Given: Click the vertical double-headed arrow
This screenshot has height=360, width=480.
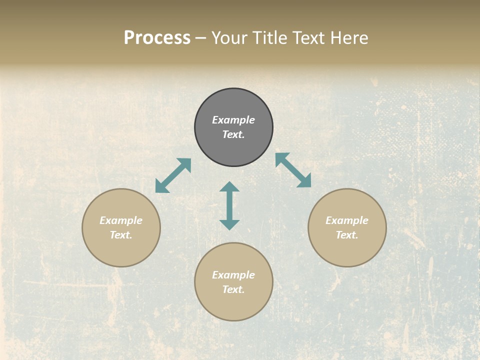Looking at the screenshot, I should click(x=229, y=205).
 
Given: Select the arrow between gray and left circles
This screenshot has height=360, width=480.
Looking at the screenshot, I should click(x=173, y=175).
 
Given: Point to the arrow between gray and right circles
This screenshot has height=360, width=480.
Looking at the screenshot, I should click(x=293, y=170).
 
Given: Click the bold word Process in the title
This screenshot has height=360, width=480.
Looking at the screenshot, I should click(x=157, y=37).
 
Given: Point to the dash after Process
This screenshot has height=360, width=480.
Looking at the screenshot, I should click(x=201, y=38).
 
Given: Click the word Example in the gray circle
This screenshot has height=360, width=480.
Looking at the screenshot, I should click(x=233, y=120).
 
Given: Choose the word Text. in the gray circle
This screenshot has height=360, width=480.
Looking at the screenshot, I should click(x=233, y=134).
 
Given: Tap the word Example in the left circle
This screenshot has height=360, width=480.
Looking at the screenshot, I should click(x=121, y=220).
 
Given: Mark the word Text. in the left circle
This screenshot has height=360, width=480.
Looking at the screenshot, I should click(x=121, y=235).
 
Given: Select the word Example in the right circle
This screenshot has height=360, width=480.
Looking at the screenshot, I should click(x=347, y=220).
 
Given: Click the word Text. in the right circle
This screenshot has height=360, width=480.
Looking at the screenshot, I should click(x=347, y=235).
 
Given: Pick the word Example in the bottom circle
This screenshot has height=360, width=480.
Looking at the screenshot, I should click(x=233, y=275).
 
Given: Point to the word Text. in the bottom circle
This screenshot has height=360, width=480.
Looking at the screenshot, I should click(x=233, y=289).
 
